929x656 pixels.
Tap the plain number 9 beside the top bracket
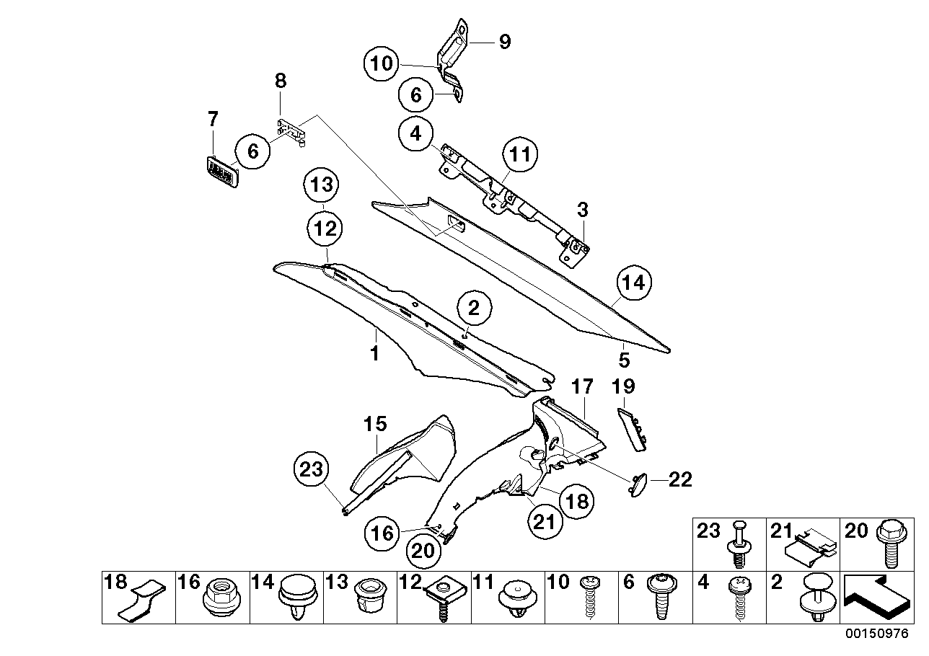tap(504, 42)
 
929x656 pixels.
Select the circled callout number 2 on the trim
tap(473, 309)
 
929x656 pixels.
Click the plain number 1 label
tap(374, 353)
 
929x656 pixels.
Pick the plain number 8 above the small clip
tap(281, 81)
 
